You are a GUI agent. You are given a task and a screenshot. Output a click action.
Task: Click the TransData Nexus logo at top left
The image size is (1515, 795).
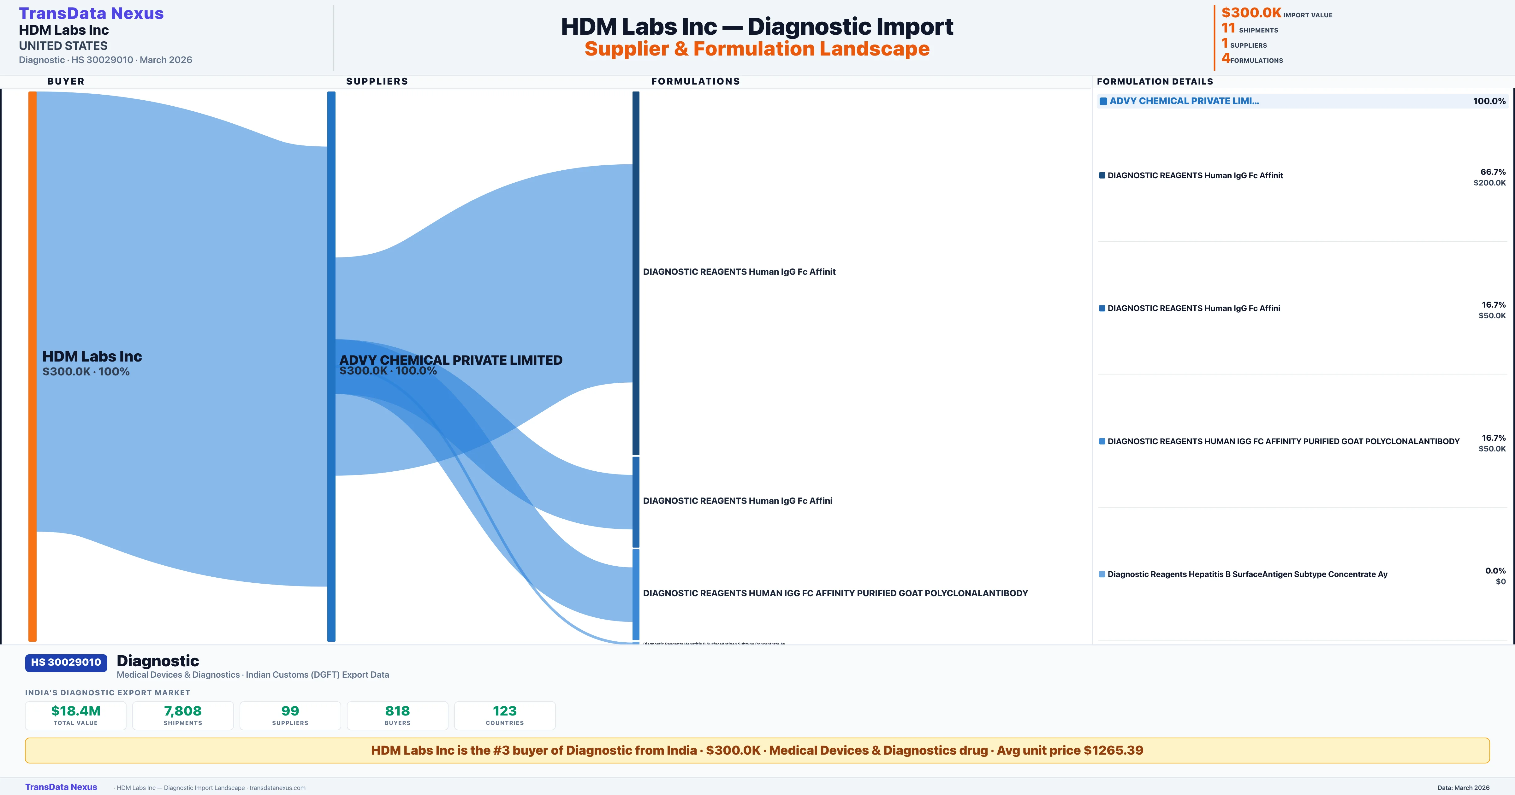pyautogui.click(x=91, y=14)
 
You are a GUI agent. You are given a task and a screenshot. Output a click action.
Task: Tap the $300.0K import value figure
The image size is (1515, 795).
pyautogui.click(x=1251, y=13)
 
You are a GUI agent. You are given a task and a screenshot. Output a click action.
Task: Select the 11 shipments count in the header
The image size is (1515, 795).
pyautogui.click(x=1228, y=28)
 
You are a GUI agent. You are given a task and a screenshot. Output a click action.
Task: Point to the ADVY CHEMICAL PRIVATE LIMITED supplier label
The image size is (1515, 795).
pyautogui.click(x=450, y=360)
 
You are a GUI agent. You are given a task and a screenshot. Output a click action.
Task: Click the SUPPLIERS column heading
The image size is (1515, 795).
pyautogui.click(x=377, y=81)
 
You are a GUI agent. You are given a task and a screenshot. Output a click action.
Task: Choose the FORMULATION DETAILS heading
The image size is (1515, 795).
pyautogui.click(x=1155, y=81)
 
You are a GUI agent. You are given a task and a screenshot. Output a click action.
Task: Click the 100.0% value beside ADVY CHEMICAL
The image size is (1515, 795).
pyautogui.click(x=1489, y=101)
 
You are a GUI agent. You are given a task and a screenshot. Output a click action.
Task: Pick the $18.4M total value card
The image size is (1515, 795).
pyautogui.click(x=76, y=715)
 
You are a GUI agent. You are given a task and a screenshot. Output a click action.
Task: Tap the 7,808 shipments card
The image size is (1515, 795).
pyautogui.click(x=183, y=715)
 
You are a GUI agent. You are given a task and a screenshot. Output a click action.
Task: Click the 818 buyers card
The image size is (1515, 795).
pyautogui.click(x=398, y=715)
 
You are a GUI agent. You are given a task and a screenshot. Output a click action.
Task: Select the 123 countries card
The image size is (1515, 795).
pyautogui.click(x=505, y=715)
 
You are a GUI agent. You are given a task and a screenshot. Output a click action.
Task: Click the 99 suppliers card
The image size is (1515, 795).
pyautogui.click(x=290, y=715)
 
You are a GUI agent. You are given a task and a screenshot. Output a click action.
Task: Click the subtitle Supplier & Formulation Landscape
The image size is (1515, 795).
pyautogui.click(x=757, y=49)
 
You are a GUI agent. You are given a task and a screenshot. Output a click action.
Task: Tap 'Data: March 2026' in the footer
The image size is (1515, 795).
pyautogui.click(x=1463, y=787)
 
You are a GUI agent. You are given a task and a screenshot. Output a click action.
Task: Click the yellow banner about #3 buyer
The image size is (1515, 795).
pyautogui.click(x=757, y=750)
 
